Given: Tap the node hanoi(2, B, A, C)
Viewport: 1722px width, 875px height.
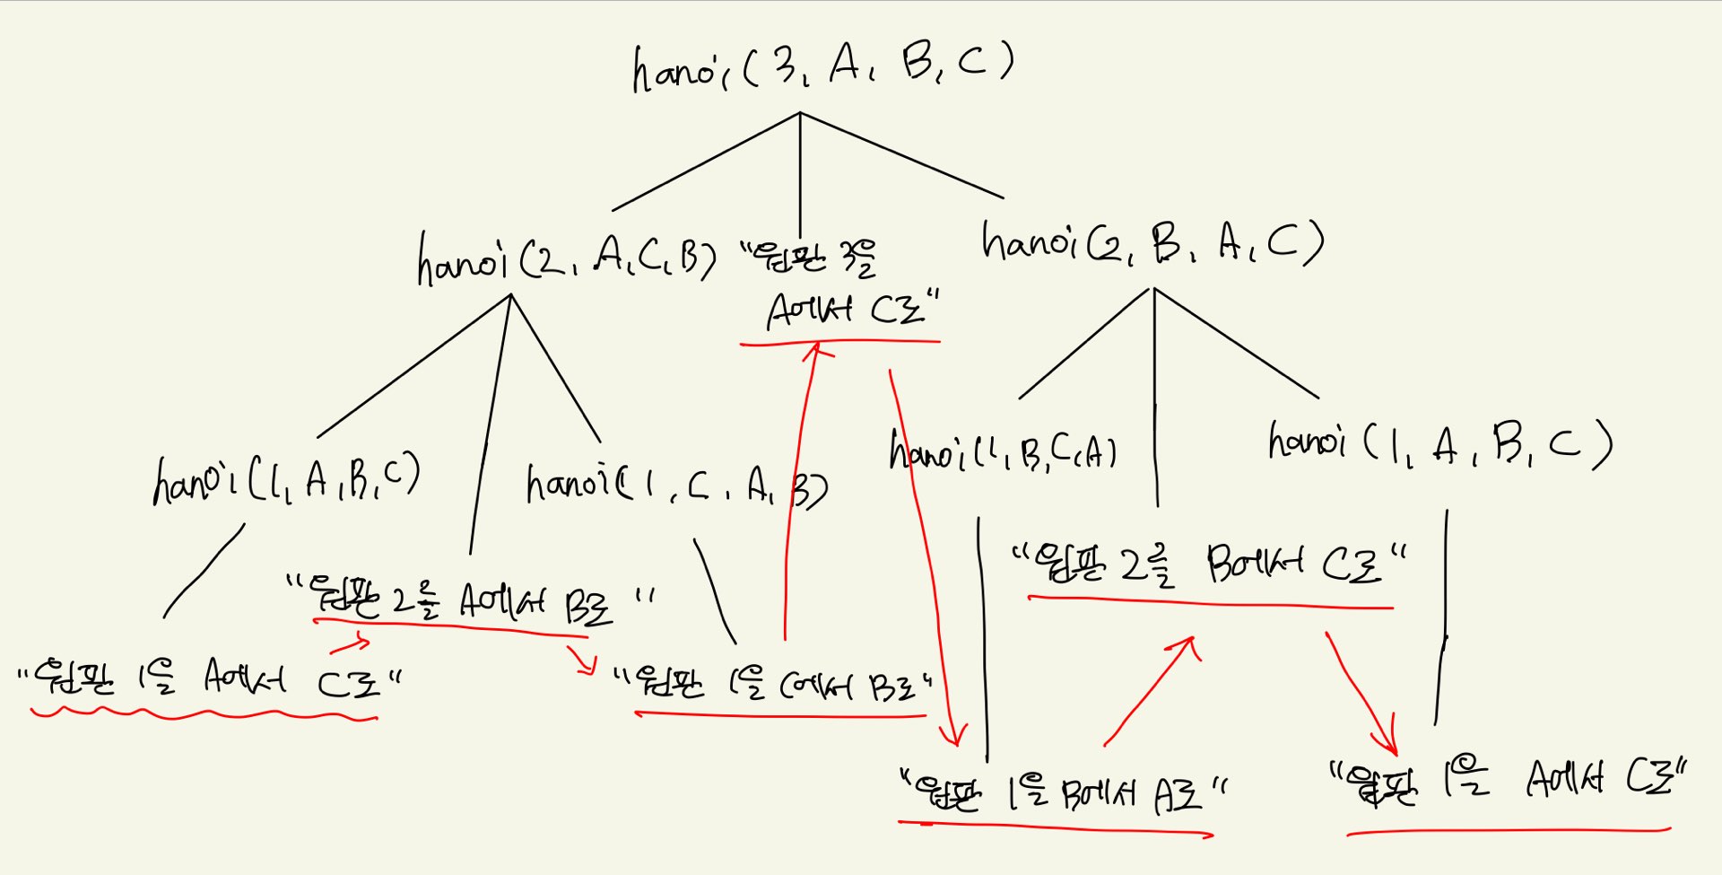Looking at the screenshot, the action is tap(1152, 243).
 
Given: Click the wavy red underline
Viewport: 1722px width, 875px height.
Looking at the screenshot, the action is tap(204, 714).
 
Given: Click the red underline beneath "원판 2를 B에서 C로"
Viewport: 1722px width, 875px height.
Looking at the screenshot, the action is tap(1211, 603).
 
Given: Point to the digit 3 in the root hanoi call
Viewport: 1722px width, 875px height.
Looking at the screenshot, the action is tap(787, 65).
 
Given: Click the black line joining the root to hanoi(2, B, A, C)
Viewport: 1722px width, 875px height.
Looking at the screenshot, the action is tap(901, 155).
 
